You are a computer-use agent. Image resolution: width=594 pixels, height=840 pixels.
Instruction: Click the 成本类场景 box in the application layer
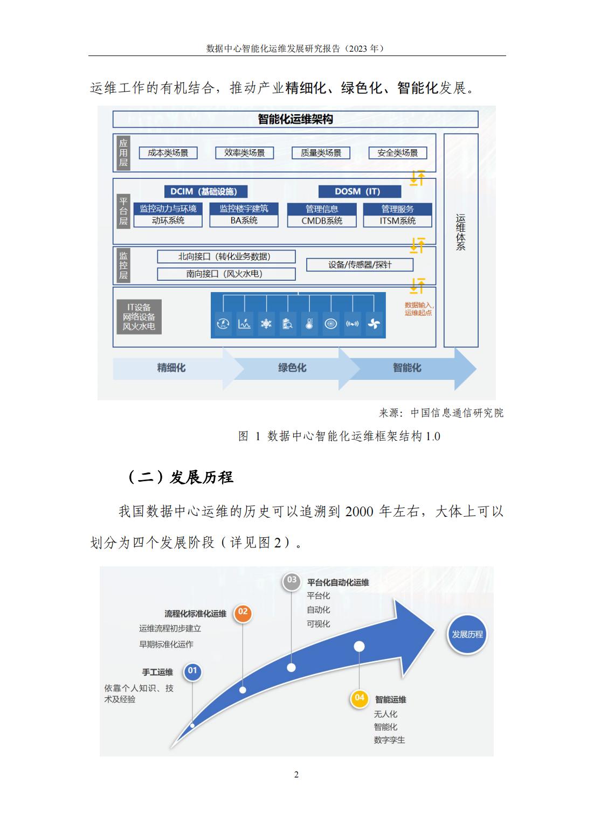pyautogui.click(x=168, y=152)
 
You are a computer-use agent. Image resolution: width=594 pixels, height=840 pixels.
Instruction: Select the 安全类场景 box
pyautogui.click(x=398, y=152)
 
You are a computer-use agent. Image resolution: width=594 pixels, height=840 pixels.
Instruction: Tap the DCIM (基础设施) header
pyautogui.click(x=205, y=191)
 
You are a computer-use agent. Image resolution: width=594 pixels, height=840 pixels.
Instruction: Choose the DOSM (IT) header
pyautogui.click(x=360, y=191)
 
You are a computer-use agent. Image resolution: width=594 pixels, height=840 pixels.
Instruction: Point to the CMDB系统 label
pyautogui.click(x=322, y=221)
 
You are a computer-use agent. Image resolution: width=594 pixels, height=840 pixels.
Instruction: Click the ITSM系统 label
pyautogui.click(x=397, y=221)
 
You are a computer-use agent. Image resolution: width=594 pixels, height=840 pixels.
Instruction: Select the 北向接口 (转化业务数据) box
pyautogui.click(x=226, y=256)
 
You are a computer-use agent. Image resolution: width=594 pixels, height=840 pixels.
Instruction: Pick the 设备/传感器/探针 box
pyautogui.click(x=360, y=265)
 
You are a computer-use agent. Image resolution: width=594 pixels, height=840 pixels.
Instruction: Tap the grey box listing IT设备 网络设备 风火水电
pyautogui.click(x=139, y=316)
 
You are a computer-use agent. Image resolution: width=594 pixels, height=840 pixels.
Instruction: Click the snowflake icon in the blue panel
pyautogui.click(x=266, y=324)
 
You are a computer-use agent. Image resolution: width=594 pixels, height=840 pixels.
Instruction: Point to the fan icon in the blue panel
pyautogui.click(x=374, y=324)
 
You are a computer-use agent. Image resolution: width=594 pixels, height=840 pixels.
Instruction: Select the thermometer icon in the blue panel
pyautogui.click(x=309, y=324)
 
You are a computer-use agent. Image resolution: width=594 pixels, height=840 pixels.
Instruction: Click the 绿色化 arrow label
pyautogui.click(x=292, y=368)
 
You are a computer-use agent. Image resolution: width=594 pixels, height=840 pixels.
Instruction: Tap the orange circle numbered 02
pyautogui.click(x=243, y=613)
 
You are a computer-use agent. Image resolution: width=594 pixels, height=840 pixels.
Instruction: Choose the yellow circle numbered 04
pyautogui.click(x=359, y=697)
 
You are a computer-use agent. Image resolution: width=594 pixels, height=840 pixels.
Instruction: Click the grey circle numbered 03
pyautogui.click(x=292, y=581)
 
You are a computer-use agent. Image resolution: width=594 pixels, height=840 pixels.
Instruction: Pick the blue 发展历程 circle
pyautogui.click(x=467, y=635)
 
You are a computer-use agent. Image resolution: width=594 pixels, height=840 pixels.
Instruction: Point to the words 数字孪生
pyautogui.click(x=389, y=740)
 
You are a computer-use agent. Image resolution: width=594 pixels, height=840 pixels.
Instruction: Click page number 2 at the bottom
pyautogui.click(x=296, y=775)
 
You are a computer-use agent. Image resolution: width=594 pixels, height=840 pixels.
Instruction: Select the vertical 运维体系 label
pyautogui.click(x=460, y=232)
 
